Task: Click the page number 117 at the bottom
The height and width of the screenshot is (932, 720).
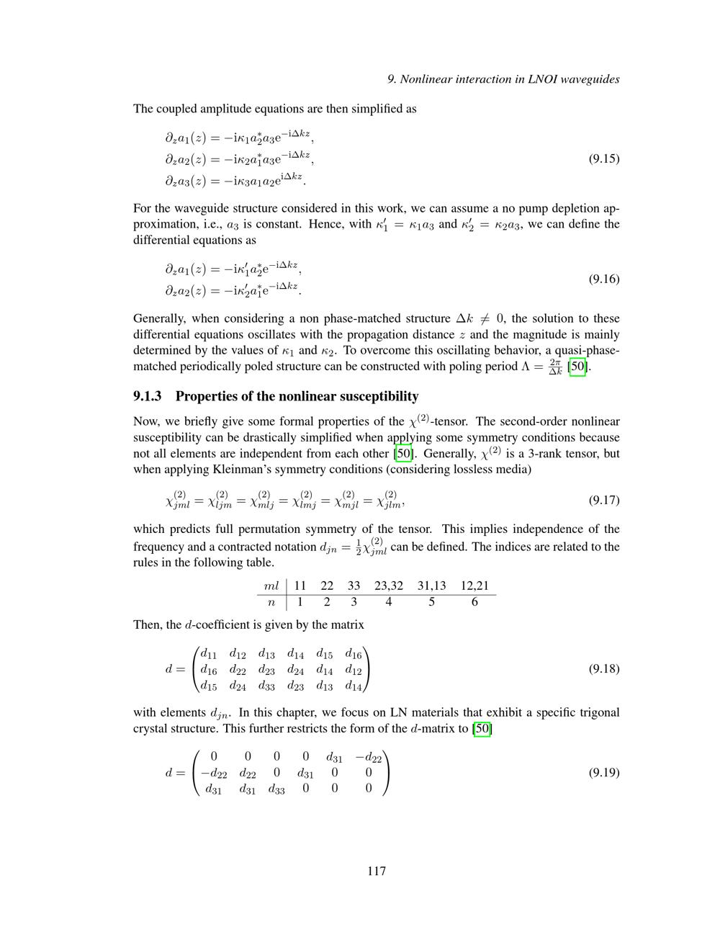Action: [x=377, y=871]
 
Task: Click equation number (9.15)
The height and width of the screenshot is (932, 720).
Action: [x=603, y=158]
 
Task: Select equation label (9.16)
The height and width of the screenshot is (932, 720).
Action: [x=603, y=279]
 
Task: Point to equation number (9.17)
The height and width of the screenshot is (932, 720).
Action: [x=603, y=500]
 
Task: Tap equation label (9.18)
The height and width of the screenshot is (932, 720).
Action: [x=603, y=668]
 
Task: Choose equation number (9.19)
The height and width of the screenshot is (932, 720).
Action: [x=603, y=772]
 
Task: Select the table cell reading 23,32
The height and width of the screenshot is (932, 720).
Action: [x=389, y=586]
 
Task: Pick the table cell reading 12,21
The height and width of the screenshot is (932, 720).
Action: [x=474, y=586]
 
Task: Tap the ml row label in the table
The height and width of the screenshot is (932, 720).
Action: [x=271, y=586]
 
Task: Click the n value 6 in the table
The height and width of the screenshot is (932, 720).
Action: [x=474, y=602]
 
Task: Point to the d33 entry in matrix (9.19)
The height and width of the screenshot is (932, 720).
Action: [x=276, y=789]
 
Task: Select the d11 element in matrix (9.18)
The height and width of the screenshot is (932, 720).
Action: [x=208, y=654]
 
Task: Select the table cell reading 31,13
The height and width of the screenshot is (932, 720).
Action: [x=431, y=586]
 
